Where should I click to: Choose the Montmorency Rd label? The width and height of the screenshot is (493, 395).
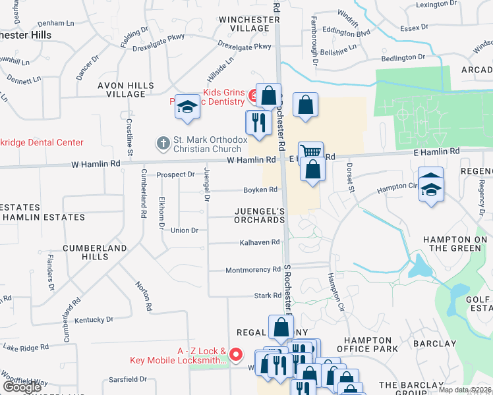(x=253, y=270)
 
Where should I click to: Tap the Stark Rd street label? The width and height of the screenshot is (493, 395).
(x=268, y=296)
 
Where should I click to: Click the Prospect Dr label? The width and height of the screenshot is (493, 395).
(x=176, y=175)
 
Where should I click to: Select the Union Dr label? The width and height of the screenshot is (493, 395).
(x=185, y=230)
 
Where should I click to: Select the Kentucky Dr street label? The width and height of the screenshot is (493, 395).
(x=94, y=320)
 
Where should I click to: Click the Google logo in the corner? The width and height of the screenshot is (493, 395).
(x=22, y=388)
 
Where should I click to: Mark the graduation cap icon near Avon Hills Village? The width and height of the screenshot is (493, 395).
(x=187, y=107)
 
